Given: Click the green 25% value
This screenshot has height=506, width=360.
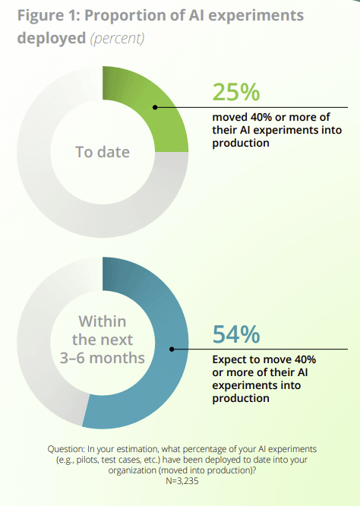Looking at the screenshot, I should [236, 92].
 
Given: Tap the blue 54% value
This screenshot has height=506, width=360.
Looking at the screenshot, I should [236, 334].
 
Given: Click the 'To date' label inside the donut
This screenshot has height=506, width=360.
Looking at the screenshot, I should [103, 152].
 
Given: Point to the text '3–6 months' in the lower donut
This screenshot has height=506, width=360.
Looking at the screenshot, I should [103, 357].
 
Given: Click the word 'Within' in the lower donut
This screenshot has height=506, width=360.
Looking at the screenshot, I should [103, 322].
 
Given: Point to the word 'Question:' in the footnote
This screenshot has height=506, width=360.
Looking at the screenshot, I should [71, 450].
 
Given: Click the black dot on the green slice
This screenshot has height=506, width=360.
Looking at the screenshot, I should [155, 107].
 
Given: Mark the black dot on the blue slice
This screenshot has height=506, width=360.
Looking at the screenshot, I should [172, 349].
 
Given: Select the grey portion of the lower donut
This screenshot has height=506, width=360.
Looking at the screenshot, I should [38, 357].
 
